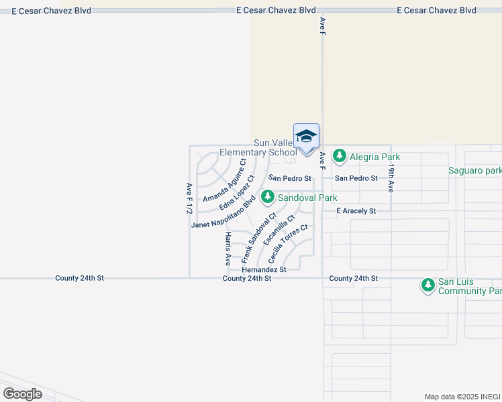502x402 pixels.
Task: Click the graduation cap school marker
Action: (x=306, y=136)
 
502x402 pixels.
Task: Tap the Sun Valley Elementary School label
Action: (x=274, y=148)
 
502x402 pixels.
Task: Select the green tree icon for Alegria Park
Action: (x=340, y=157)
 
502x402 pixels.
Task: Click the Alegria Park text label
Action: (x=374, y=157)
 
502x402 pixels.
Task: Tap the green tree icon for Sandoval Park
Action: (x=268, y=197)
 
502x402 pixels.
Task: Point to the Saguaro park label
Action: (x=474, y=171)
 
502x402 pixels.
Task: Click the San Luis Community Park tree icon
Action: (x=428, y=286)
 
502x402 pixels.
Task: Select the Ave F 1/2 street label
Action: (x=189, y=198)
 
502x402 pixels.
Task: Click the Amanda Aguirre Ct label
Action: (x=225, y=180)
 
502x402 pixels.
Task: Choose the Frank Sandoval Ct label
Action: (x=258, y=237)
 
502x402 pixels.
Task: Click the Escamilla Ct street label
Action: (x=279, y=230)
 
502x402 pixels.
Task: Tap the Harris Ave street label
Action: (x=228, y=249)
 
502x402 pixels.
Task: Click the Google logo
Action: (x=22, y=394)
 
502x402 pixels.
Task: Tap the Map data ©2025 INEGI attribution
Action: (x=462, y=397)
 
